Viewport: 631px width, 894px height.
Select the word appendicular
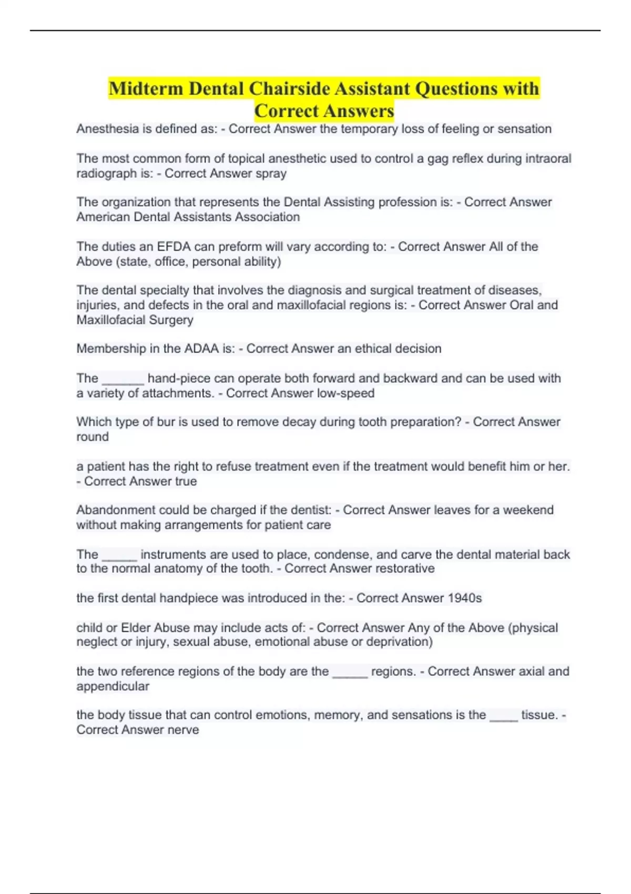(113, 686)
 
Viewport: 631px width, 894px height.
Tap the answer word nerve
(183, 730)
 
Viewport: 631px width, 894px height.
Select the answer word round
(93, 437)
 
